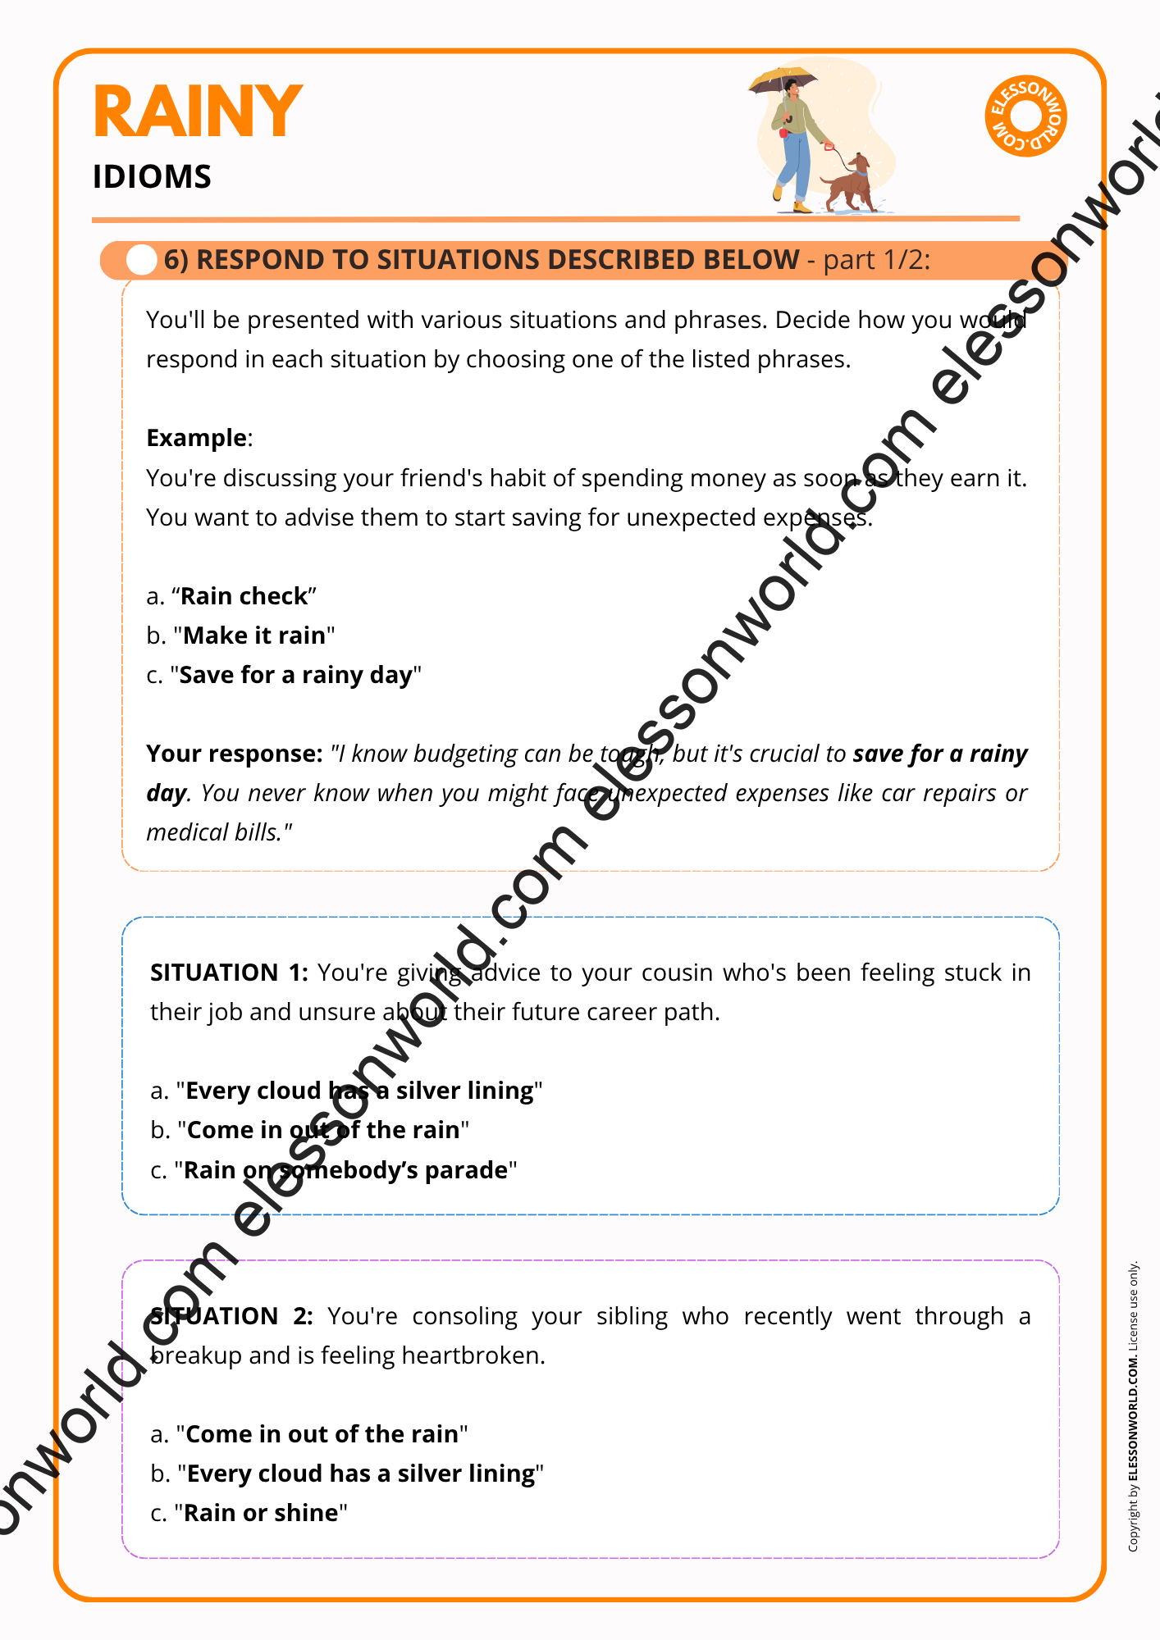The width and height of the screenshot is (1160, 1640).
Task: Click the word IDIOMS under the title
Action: click(x=152, y=177)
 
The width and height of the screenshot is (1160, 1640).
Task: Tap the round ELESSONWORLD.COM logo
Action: click(x=1025, y=116)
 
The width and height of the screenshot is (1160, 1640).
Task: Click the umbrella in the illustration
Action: click(x=783, y=80)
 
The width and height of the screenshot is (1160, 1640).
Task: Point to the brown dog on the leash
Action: click(x=850, y=183)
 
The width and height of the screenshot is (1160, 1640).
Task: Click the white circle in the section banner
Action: click(x=141, y=260)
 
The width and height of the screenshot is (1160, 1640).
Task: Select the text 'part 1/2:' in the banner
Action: click(x=876, y=260)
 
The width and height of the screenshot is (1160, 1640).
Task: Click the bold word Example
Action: click(x=196, y=438)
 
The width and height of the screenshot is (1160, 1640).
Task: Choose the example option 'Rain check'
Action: click(x=244, y=596)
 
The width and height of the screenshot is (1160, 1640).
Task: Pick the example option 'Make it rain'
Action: click(x=254, y=635)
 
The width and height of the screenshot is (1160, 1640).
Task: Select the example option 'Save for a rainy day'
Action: click(x=295, y=675)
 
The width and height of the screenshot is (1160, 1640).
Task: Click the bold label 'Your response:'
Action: click(x=235, y=754)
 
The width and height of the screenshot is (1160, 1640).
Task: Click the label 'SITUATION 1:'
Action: click(x=229, y=973)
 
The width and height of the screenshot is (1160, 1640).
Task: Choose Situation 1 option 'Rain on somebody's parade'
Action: click(x=345, y=1170)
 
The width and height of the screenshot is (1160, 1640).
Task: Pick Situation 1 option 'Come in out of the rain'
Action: click(x=323, y=1130)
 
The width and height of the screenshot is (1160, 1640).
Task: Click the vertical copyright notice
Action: click(x=1133, y=1405)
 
